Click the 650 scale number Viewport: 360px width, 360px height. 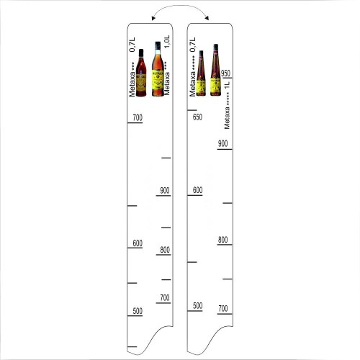pyautogui.click(x=197, y=117)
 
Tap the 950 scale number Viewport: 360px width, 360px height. pyautogui.click(x=225, y=73)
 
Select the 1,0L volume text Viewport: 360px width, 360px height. pyautogui.click(x=166, y=42)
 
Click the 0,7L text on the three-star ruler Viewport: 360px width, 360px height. pyautogui.click(x=132, y=45)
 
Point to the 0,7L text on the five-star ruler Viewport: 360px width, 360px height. pyautogui.click(x=192, y=45)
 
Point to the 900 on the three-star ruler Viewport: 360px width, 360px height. pyautogui.click(x=165, y=191)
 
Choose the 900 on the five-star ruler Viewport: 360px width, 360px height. pyautogui.click(x=223, y=143)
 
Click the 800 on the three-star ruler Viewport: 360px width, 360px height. pyautogui.click(x=165, y=251)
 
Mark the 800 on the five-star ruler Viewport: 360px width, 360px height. pyautogui.click(x=223, y=240)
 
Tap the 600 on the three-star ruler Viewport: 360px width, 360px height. pyautogui.click(x=138, y=243)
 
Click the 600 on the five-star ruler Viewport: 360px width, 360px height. pyautogui.click(x=197, y=191)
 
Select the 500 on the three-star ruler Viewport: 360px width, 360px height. pyautogui.click(x=136, y=311)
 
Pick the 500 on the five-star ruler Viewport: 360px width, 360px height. pyautogui.click(x=197, y=306)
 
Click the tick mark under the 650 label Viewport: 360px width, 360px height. pyautogui.click(x=192, y=110)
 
